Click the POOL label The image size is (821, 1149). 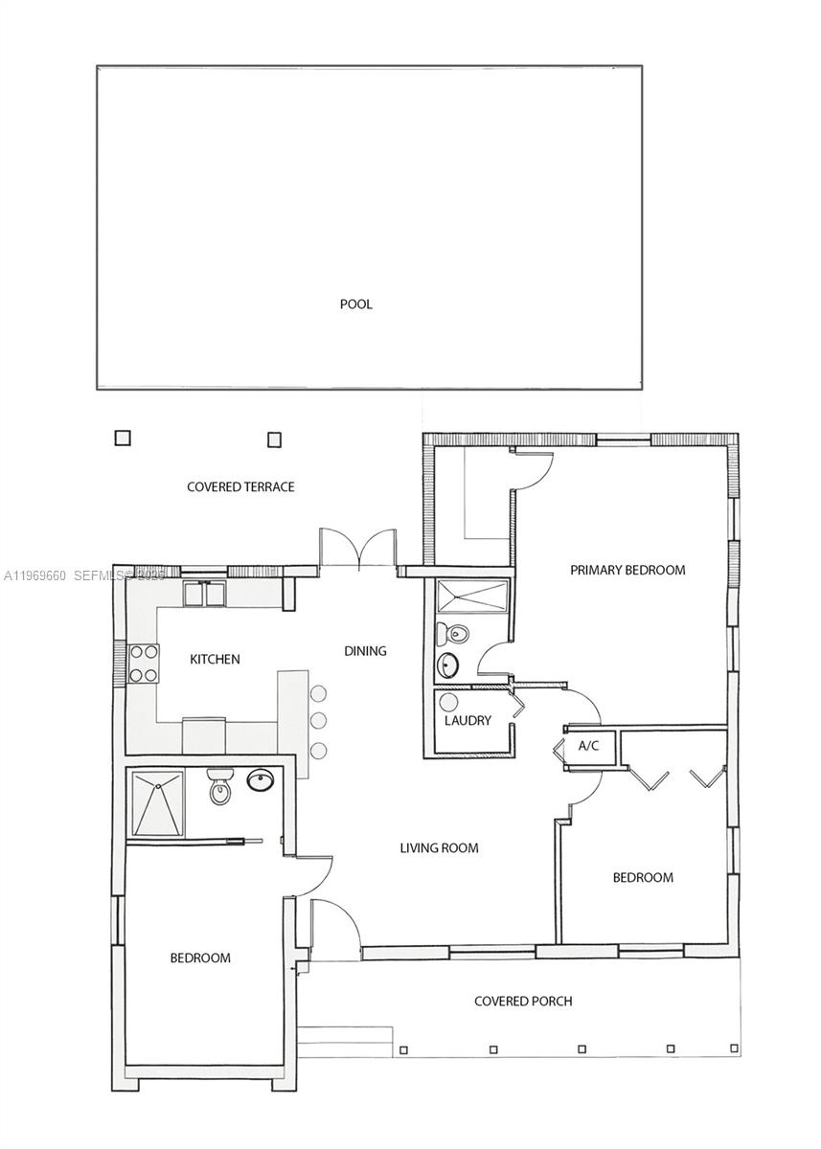coord(355,304)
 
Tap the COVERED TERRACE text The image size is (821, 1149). coord(240,487)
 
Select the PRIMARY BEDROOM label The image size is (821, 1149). coord(627,570)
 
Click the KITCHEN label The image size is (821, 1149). coord(215,659)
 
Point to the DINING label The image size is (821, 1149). coord(365,651)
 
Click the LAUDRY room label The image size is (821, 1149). coord(468,720)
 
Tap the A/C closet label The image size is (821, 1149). coord(588,746)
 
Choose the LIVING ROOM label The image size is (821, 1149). coord(439,847)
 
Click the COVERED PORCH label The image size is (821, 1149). coord(523,1002)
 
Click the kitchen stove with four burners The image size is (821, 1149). coord(144,663)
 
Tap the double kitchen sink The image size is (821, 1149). coord(204,595)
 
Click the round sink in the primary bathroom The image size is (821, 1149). coord(448,665)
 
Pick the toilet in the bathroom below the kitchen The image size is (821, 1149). coord(220,787)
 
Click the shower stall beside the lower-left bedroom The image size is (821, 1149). coord(157,802)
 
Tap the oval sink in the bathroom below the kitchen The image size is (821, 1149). coord(261,781)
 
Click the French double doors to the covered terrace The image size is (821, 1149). coord(357,549)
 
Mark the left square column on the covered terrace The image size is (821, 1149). coord(123,438)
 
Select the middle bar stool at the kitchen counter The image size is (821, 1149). coord(319,720)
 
